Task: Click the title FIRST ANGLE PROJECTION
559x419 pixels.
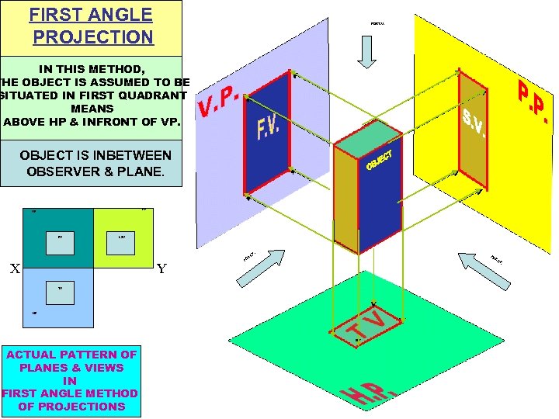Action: point(92,25)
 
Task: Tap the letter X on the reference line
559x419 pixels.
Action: point(14,269)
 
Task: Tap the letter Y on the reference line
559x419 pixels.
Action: point(161,269)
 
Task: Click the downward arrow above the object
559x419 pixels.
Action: point(367,52)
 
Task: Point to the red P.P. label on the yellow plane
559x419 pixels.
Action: point(533,101)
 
